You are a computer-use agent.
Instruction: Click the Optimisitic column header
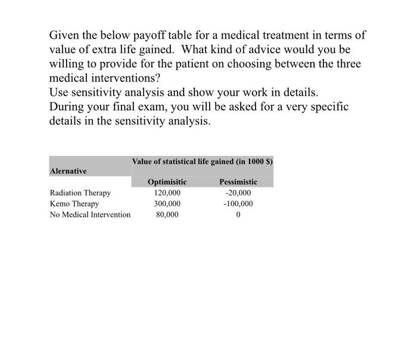(167, 182)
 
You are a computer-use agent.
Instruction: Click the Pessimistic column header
(238, 182)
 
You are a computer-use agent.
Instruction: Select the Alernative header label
(69, 171)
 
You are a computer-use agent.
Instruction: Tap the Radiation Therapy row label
(80, 193)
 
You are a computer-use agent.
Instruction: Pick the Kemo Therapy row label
(74, 204)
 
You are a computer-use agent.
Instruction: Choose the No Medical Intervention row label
(90, 214)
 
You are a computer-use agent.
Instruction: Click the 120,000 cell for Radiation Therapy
(167, 193)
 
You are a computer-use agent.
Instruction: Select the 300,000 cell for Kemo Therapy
(167, 204)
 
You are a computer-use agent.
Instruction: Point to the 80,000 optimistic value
(167, 214)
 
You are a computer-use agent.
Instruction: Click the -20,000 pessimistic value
(238, 193)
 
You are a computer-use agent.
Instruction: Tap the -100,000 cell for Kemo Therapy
(238, 204)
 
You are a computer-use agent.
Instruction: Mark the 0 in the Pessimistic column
(238, 214)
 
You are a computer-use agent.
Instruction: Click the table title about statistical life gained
(203, 161)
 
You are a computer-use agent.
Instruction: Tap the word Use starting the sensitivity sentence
(59, 92)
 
